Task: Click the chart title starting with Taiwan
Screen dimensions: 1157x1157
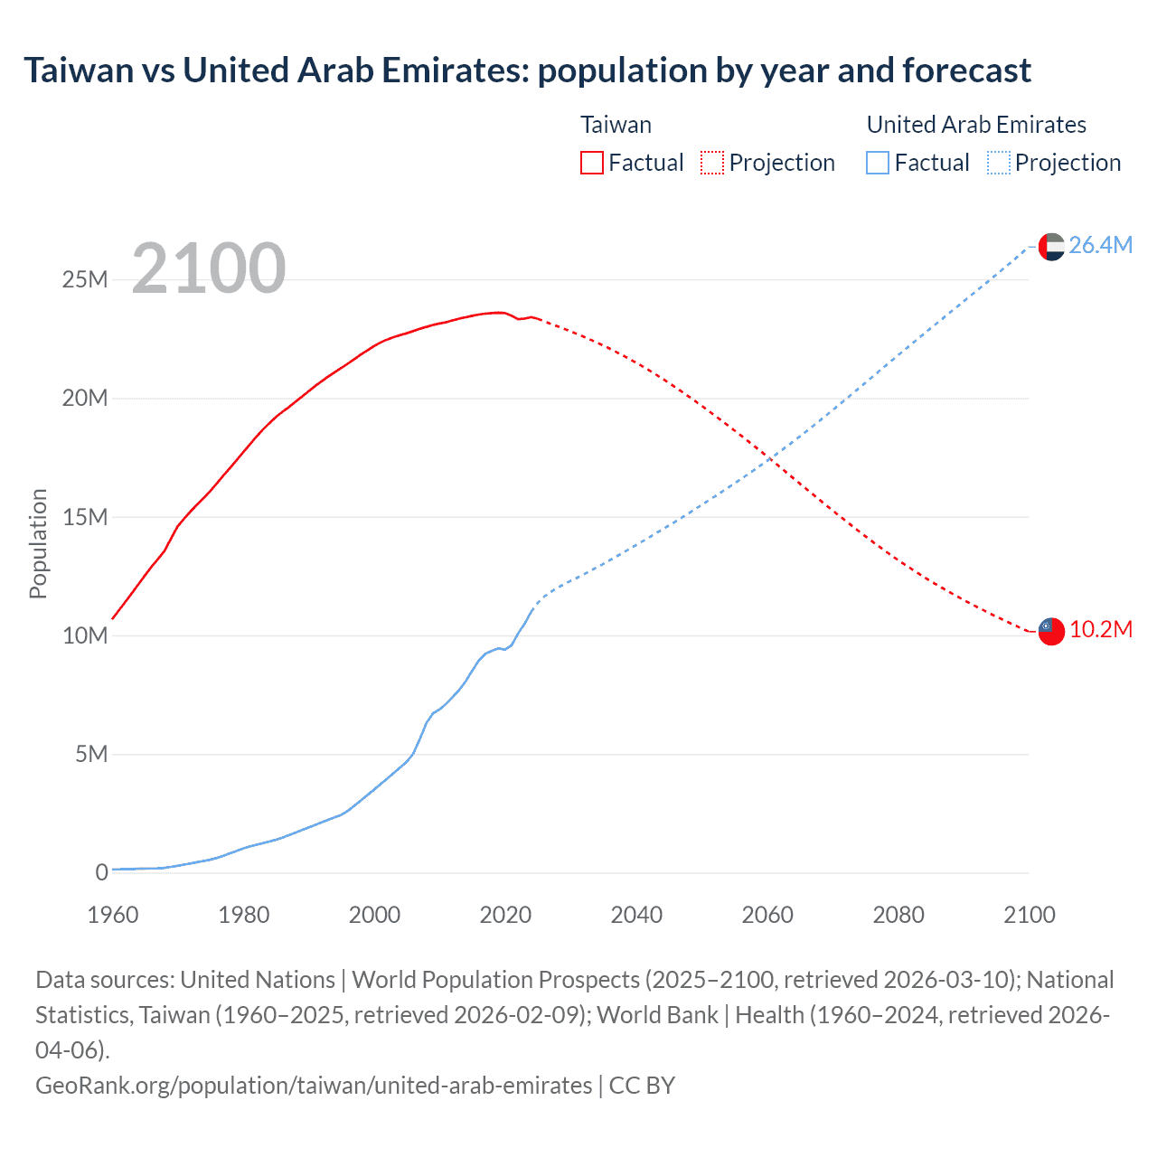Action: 527,71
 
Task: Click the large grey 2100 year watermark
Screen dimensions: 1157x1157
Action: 209,268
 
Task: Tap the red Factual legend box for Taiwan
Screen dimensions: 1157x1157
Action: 592,163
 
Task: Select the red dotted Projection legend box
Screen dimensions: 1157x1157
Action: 712,163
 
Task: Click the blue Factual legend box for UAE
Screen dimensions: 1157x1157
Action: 878,163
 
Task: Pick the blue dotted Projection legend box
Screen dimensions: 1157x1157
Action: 999,163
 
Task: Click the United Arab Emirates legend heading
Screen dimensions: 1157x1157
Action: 976,125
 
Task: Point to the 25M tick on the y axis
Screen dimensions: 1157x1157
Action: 85,279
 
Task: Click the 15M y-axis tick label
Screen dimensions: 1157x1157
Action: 85,517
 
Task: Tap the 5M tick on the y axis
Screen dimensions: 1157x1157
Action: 91,754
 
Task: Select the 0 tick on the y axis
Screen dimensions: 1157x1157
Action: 101,872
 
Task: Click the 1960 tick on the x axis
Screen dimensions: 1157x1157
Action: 113,915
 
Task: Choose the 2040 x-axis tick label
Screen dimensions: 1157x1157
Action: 636,915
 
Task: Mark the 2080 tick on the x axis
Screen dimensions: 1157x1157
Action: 898,915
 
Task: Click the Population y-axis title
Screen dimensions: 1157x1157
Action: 38,543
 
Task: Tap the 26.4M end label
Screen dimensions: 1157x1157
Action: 1100,245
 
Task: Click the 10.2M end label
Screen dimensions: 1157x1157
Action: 1100,630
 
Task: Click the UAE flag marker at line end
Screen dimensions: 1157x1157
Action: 1051,246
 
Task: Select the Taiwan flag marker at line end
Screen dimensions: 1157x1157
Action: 1051,631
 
